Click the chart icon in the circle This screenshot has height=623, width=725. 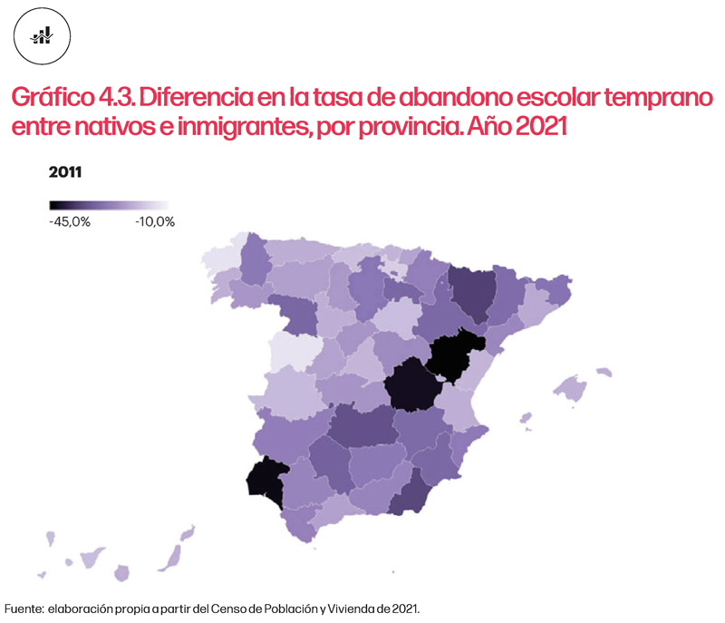pyautogui.click(x=43, y=35)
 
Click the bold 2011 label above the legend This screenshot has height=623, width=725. pyautogui.click(x=65, y=172)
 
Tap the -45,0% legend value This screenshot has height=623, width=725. pyautogui.click(x=70, y=222)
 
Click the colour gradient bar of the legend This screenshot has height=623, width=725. pyautogui.click(x=109, y=206)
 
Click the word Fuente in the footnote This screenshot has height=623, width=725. pyautogui.click(x=24, y=608)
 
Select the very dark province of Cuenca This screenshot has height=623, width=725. pyautogui.click(x=411, y=385)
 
